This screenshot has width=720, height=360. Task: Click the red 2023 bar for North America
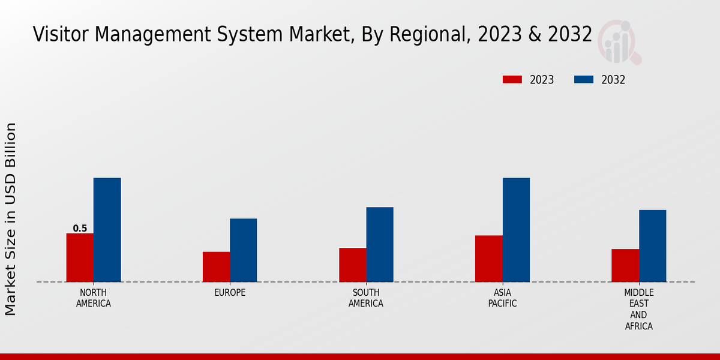(x=80, y=257)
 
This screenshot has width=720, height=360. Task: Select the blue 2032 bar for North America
(x=107, y=230)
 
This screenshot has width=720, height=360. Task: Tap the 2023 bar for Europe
(x=216, y=266)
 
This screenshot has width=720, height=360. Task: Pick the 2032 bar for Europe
(x=243, y=250)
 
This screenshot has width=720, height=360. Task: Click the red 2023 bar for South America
(x=352, y=265)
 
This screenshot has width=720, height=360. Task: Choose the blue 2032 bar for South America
(x=380, y=244)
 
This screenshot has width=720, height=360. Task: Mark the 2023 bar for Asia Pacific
(x=488, y=259)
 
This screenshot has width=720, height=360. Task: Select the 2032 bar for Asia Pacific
(x=516, y=230)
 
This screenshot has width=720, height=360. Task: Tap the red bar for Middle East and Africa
(x=625, y=265)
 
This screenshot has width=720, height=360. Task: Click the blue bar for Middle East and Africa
(x=652, y=245)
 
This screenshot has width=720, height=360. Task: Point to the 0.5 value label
(x=80, y=229)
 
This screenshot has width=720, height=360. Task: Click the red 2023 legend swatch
(x=512, y=80)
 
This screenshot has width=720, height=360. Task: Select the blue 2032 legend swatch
(x=584, y=80)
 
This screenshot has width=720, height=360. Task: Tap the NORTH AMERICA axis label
(x=94, y=298)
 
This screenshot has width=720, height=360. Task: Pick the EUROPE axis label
(x=230, y=292)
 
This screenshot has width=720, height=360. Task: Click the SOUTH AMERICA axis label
(x=366, y=298)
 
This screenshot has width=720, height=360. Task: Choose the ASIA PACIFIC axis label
(x=502, y=298)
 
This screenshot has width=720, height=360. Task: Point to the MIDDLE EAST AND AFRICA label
(x=638, y=309)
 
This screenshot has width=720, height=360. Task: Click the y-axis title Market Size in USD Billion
(x=11, y=219)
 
